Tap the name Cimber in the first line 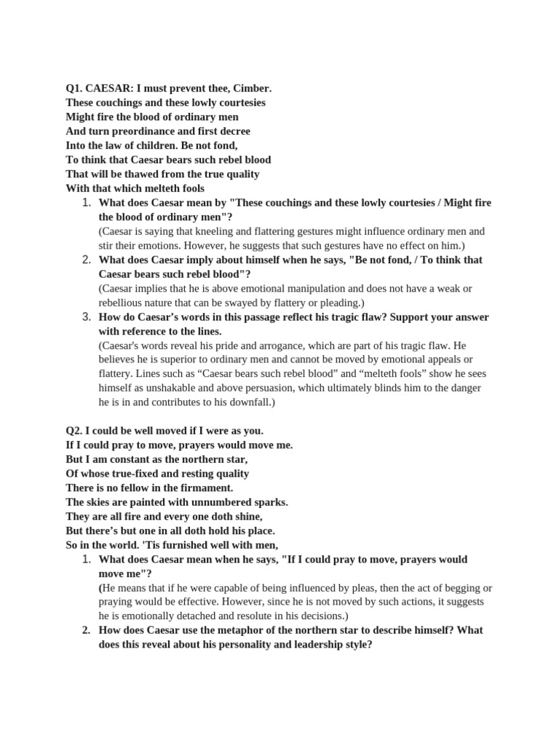pos(252,89)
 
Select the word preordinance pos(144,132)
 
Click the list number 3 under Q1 pos(86,317)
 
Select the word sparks pos(272,502)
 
